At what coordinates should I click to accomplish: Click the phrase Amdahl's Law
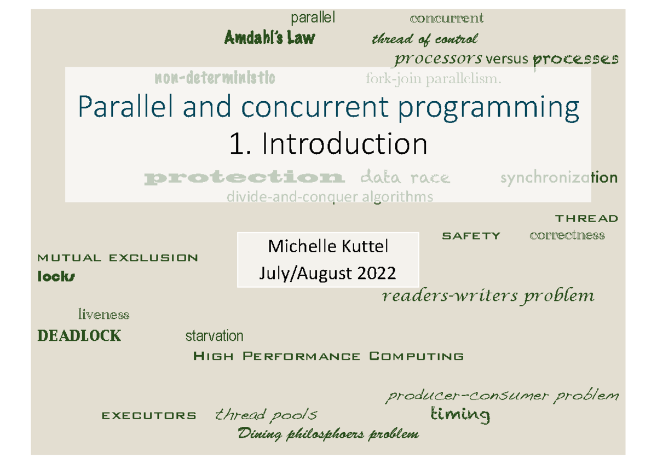coord(269,38)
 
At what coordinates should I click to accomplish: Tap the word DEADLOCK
coord(79,335)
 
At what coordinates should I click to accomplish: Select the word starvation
coord(214,335)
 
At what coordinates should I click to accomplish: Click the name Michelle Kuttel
coord(327,247)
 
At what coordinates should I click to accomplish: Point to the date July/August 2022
coord(327,272)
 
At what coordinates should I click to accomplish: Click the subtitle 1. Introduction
coord(328,144)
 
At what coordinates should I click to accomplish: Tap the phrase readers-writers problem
coord(487,296)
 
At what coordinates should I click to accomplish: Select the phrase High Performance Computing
coord(328,357)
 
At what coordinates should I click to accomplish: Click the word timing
coord(460,415)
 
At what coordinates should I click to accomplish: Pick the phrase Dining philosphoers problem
coord(328,434)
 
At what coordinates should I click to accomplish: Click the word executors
coord(149,416)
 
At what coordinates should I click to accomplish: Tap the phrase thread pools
coord(266,415)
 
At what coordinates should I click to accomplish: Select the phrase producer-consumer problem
coord(503,395)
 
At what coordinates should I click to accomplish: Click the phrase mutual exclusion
coord(117,258)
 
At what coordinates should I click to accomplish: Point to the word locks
coord(56,276)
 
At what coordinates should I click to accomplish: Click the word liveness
coord(103,315)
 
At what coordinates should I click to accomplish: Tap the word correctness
coord(567,235)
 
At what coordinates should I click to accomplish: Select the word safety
coord(471,236)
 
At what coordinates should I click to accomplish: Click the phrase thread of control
coord(424,39)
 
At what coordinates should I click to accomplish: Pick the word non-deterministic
coord(215,78)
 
